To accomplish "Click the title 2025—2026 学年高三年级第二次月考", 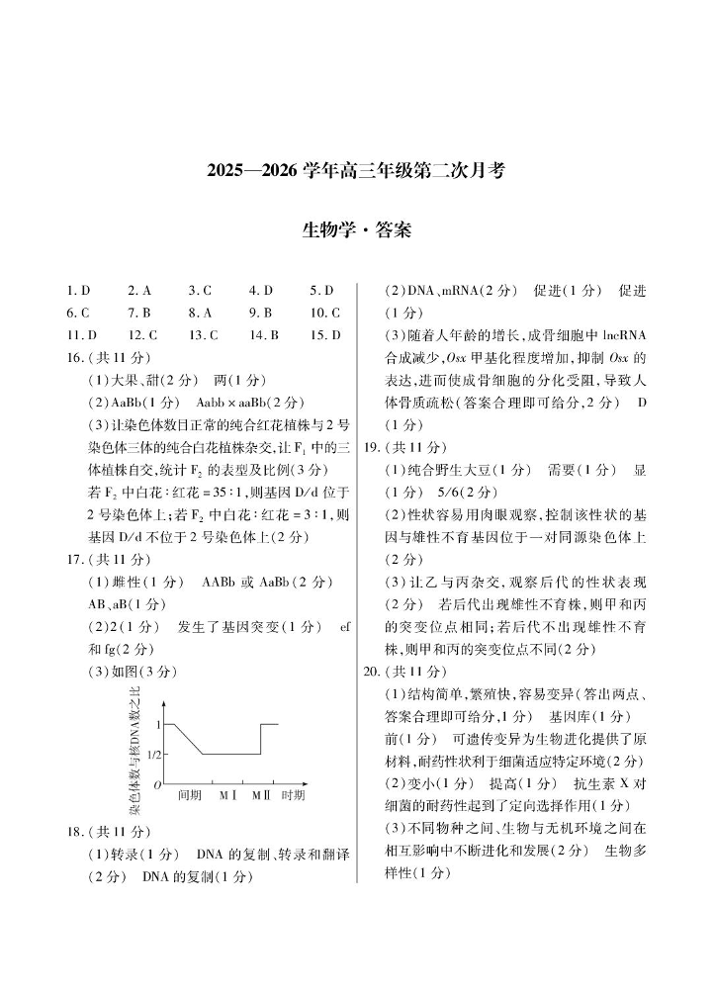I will (x=356, y=170).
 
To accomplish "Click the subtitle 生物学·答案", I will (x=356, y=230).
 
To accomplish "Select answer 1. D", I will (x=78, y=291).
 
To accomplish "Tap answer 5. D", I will (x=321, y=291).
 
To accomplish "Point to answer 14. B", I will (x=264, y=334).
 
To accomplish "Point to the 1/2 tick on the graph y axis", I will (x=153, y=755).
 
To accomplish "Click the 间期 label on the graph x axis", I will (x=190, y=794).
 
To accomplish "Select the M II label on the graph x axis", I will (x=260, y=794).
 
